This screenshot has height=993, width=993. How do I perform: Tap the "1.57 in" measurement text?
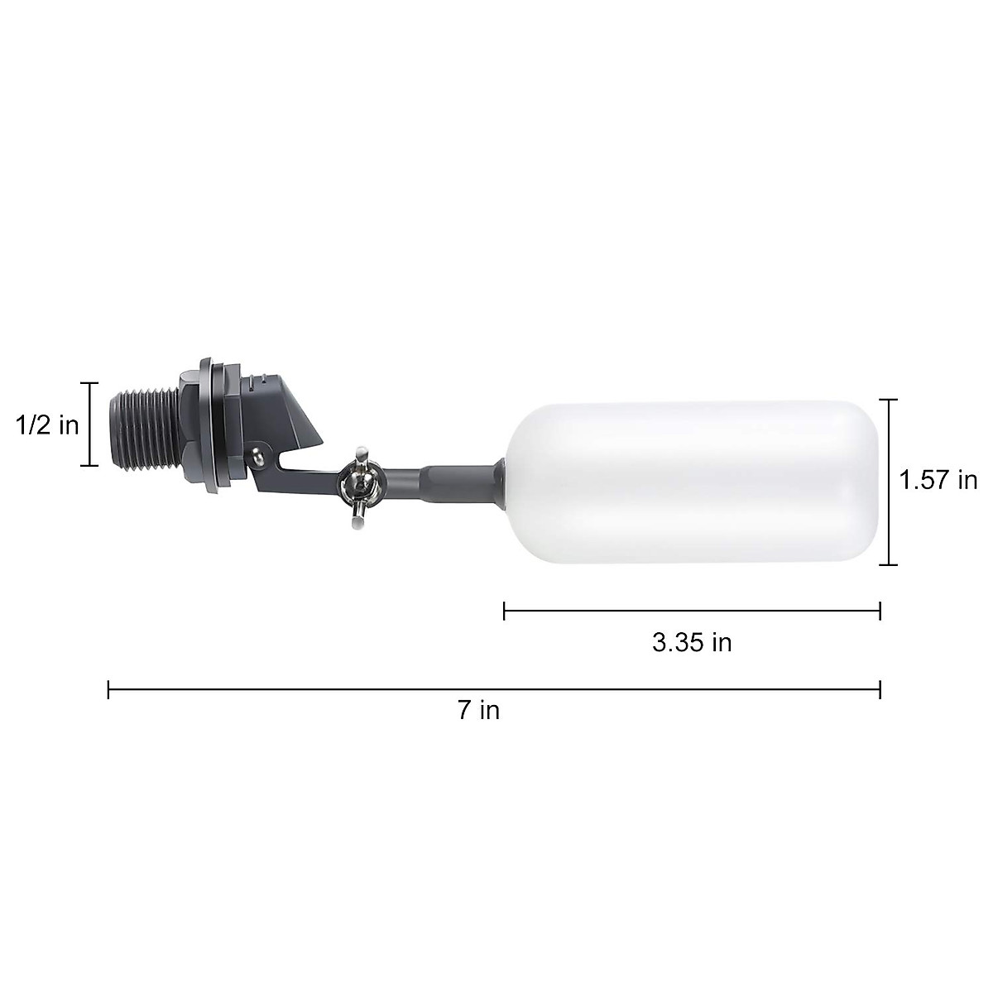tap(938, 481)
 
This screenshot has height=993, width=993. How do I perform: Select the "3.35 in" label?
tap(692, 643)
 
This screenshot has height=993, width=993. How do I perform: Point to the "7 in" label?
tap(479, 710)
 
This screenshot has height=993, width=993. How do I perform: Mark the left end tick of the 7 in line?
tap(108, 689)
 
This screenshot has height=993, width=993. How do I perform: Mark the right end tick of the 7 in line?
tap(880, 689)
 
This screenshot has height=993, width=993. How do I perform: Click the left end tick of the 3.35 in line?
tap(504, 612)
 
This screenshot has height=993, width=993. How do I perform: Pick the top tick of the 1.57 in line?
tap(888, 400)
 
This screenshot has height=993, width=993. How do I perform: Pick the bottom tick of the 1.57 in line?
tap(888, 565)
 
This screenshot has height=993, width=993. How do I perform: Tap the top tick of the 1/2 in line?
tap(90, 384)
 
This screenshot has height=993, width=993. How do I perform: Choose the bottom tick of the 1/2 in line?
tap(90, 466)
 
